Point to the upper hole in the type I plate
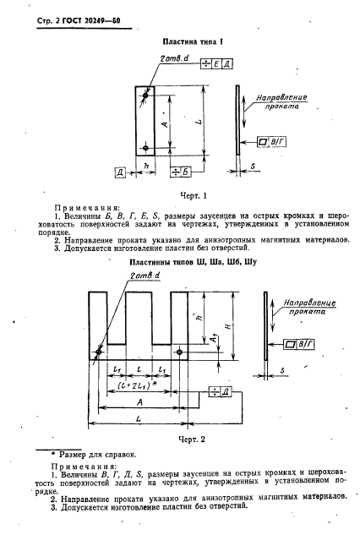click(x=145, y=96)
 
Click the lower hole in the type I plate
click(x=145, y=148)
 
